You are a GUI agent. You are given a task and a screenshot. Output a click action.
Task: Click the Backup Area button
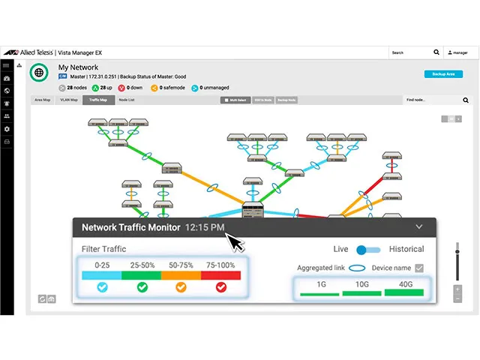(x=442, y=74)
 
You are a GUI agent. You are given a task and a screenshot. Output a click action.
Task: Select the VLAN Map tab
(x=68, y=100)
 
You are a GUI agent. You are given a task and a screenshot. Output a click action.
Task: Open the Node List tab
(x=127, y=100)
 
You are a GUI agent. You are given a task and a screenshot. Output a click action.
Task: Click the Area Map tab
(x=42, y=100)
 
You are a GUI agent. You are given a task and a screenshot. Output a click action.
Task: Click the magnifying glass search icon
(x=436, y=52)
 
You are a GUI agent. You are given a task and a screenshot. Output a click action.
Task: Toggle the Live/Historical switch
(x=365, y=249)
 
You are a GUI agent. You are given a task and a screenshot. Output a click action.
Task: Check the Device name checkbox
(x=419, y=268)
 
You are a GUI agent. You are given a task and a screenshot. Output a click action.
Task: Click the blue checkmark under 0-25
(x=103, y=286)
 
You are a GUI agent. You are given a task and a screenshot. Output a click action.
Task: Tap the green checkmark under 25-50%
(x=142, y=286)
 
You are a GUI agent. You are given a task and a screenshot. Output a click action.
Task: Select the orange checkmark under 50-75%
(x=181, y=286)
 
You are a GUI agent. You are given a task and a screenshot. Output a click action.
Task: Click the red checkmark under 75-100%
(x=220, y=286)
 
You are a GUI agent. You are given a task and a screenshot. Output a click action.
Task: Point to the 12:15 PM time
(x=205, y=227)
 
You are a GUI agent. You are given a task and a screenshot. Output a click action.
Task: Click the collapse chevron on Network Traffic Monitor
(x=418, y=226)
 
